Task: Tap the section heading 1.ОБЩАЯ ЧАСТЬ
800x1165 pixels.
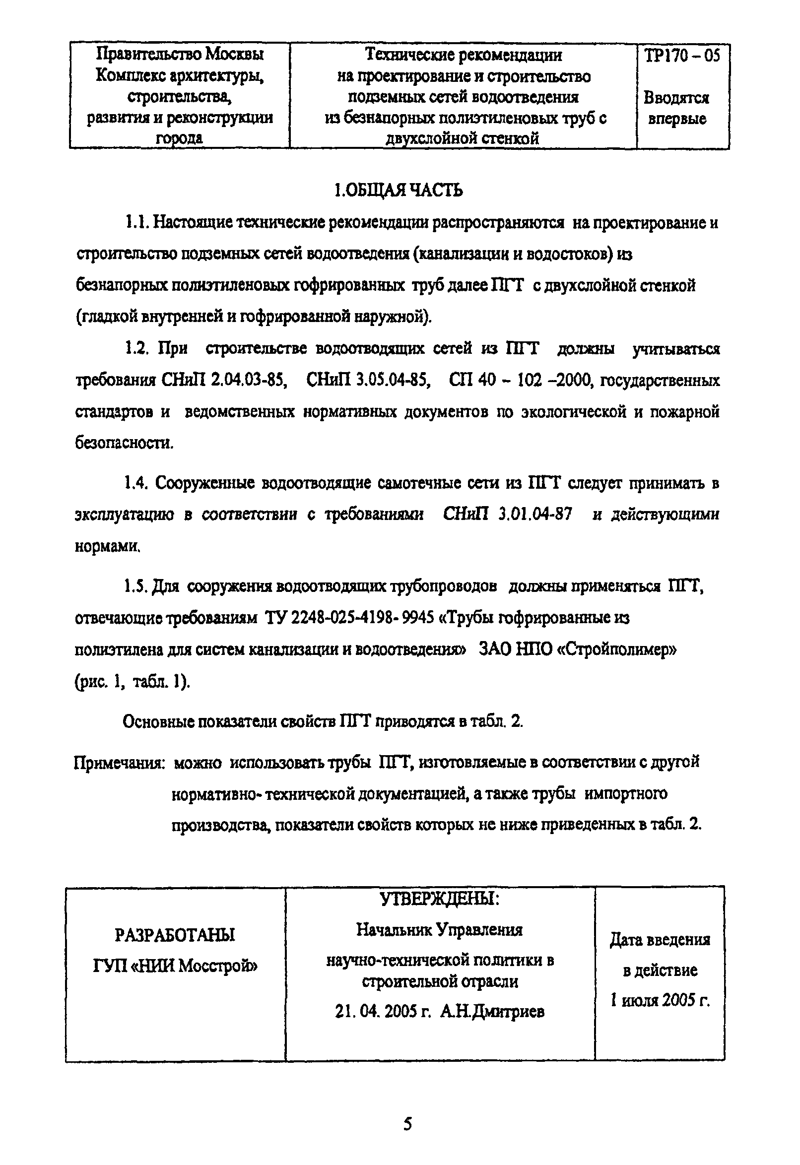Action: pos(399,191)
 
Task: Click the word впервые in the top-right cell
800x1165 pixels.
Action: pos(677,119)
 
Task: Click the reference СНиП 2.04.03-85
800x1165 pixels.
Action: pos(224,381)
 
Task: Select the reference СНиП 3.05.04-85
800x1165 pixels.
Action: pos(368,381)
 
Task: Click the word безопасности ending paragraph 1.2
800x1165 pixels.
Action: pos(124,443)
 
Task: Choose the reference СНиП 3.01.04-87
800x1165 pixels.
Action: pos(507,515)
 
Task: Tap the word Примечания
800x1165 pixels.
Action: pos(120,764)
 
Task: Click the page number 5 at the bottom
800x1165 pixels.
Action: pos(407,1124)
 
